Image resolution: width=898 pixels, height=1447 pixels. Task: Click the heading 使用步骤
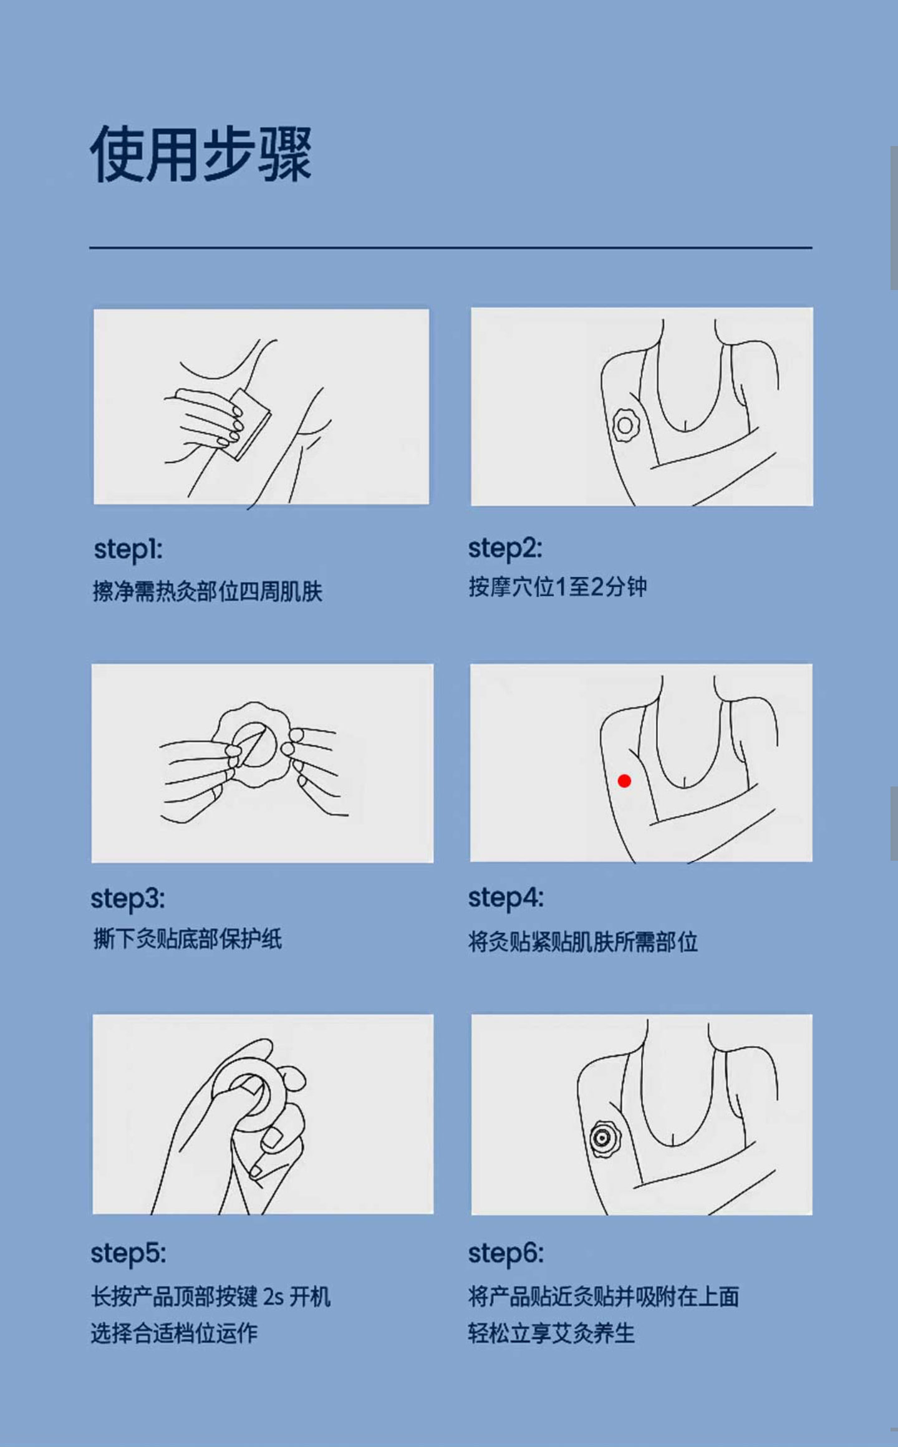tap(201, 154)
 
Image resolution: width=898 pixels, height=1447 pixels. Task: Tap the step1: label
tap(128, 549)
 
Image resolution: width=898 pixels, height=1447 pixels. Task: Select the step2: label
tap(505, 549)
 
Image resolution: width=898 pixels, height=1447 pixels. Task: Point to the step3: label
tap(128, 899)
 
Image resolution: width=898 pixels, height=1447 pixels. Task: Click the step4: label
tap(506, 898)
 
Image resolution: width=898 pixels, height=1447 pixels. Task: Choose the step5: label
tap(128, 1254)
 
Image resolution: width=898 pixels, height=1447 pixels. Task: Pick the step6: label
tap(506, 1254)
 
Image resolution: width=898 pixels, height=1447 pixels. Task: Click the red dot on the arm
tap(624, 780)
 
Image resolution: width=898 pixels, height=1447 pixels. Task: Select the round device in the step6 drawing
tap(602, 1139)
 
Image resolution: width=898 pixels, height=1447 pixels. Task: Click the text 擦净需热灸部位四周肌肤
tap(208, 591)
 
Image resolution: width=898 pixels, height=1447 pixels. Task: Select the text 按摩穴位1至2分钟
tap(558, 587)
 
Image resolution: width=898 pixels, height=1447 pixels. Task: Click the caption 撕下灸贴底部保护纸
tap(187, 939)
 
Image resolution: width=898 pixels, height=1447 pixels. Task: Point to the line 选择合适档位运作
tap(175, 1333)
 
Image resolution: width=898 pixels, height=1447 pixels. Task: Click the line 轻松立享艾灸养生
tap(552, 1333)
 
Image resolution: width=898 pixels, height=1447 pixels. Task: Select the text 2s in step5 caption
tap(273, 1297)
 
